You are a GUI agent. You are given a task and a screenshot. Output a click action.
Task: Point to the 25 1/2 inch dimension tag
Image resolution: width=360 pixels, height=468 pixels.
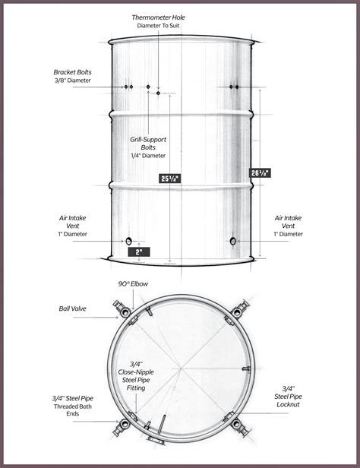[x=170, y=179]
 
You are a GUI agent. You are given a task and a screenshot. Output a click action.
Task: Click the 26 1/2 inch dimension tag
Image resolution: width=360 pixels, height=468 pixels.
[x=261, y=172]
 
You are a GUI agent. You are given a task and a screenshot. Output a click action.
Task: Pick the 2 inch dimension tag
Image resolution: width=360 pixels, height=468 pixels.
[x=139, y=251]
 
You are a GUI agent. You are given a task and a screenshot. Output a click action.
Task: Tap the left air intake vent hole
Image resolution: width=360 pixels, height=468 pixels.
[x=128, y=241]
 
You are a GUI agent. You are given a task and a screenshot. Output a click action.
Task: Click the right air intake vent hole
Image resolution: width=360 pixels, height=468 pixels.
[x=232, y=241]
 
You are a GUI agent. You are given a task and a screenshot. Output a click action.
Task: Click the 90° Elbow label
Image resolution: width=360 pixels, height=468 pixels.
[x=134, y=283]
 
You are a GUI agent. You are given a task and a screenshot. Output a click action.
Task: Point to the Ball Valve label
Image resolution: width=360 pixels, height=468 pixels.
[x=73, y=309]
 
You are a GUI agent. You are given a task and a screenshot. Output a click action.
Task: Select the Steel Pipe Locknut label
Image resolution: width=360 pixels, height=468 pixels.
[x=289, y=396]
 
